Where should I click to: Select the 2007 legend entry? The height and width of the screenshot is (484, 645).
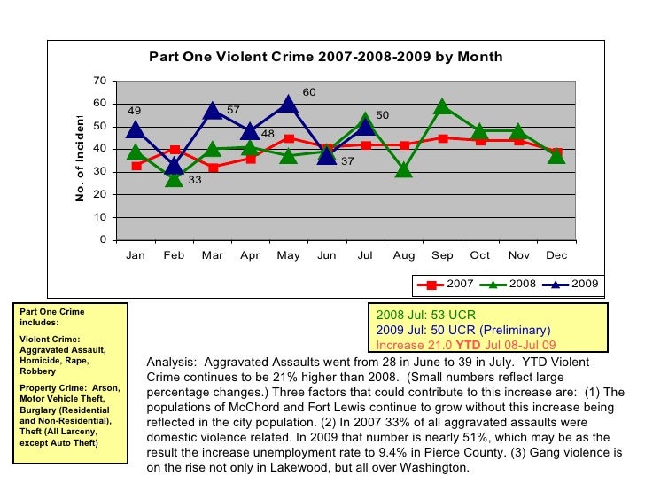pyautogui.click(x=448, y=284)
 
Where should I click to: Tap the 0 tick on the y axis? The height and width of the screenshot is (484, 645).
pyautogui.click(x=103, y=240)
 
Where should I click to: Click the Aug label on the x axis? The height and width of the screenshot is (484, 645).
pyautogui.click(x=403, y=255)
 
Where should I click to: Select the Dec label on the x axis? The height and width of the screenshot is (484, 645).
pyautogui.click(x=556, y=255)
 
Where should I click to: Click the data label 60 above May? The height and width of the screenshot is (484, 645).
pyautogui.click(x=309, y=92)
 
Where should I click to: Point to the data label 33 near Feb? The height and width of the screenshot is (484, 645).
pyautogui.click(x=195, y=180)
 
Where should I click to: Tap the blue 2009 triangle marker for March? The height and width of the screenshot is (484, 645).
pyautogui.click(x=213, y=110)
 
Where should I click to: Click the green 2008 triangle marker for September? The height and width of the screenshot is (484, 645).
pyautogui.click(x=442, y=106)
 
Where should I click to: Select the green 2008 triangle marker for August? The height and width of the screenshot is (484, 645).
pyautogui.click(x=404, y=168)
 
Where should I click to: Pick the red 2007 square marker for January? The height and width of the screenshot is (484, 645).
pyautogui.click(x=136, y=166)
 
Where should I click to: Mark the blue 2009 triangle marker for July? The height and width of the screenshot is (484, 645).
pyautogui.click(x=365, y=127)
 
